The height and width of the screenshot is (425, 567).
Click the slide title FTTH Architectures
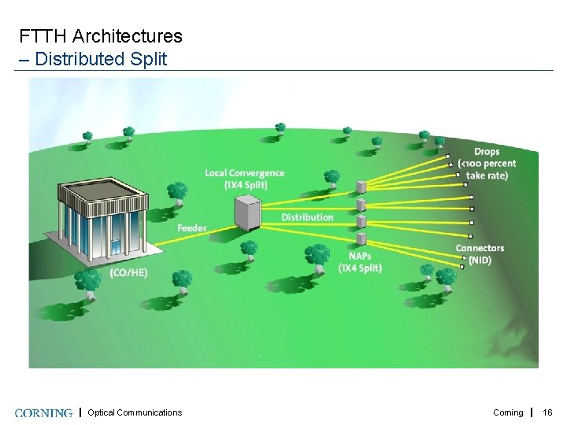(x=101, y=36)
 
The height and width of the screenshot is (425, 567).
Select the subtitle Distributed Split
(x=101, y=59)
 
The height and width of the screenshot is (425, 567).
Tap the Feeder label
(x=191, y=228)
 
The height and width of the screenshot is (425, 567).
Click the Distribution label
(x=307, y=217)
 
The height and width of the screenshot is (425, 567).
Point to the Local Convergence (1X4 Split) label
(x=244, y=179)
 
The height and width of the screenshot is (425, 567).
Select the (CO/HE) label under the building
(x=128, y=272)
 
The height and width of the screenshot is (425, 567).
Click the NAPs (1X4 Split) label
(x=360, y=262)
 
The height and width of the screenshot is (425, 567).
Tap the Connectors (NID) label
(x=480, y=254)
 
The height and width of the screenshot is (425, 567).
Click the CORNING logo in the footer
(x=43, y=412)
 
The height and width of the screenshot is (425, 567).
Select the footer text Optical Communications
(x=135, y=412)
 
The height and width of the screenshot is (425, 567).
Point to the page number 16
(x=548, y=412)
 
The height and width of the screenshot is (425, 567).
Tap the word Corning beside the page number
(x=508, y=412)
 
